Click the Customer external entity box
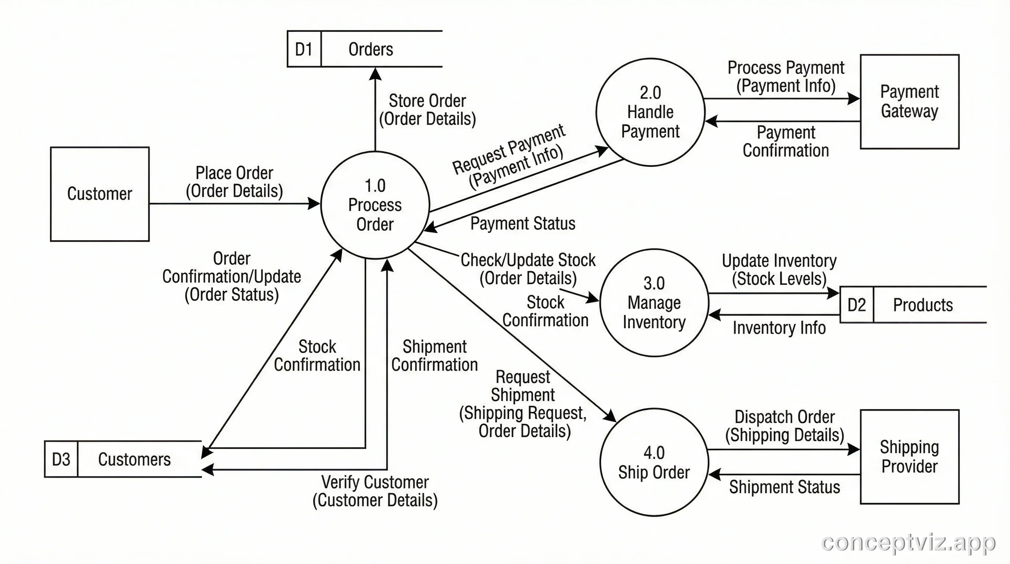pos(99,194)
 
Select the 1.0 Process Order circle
pos(375,205)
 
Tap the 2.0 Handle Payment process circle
pos(650,112)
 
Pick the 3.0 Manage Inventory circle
pos(654,303)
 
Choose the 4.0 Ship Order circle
pos(654,462)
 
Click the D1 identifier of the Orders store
pos(304,50)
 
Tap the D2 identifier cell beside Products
pos(856,305)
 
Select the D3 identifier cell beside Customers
pos(61,459)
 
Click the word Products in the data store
pos(923,305)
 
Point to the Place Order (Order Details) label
pos(234,182)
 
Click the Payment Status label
pos(523,224)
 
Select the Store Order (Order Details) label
pos(427,110)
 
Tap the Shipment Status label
pos(784,487)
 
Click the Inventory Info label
pos(779,328)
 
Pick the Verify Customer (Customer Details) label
pos(375,491)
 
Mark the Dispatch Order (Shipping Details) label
pos(784,426)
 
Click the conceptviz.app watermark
pos(908,542)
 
